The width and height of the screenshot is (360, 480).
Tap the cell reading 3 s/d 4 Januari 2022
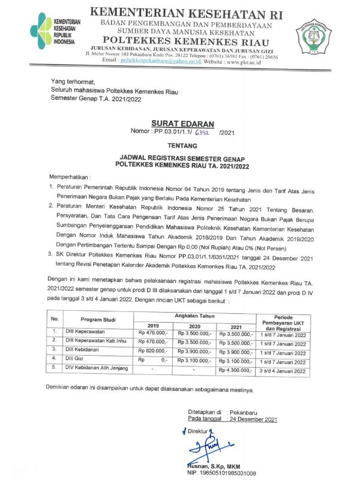[x=283, y=372]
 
